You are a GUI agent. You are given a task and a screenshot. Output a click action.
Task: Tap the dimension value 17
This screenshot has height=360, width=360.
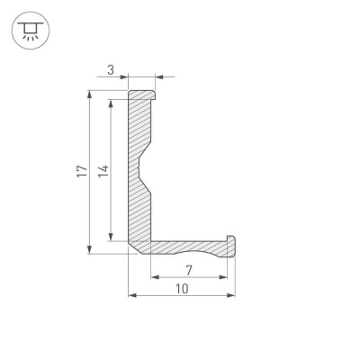80,171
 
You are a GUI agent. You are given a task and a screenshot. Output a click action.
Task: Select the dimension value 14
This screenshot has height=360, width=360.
102,171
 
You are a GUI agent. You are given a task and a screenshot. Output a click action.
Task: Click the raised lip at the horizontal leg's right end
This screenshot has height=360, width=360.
231,243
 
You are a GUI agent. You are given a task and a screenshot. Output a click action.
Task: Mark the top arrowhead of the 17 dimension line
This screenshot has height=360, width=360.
89,94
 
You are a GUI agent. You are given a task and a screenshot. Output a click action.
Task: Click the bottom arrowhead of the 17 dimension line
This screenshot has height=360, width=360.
89,250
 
